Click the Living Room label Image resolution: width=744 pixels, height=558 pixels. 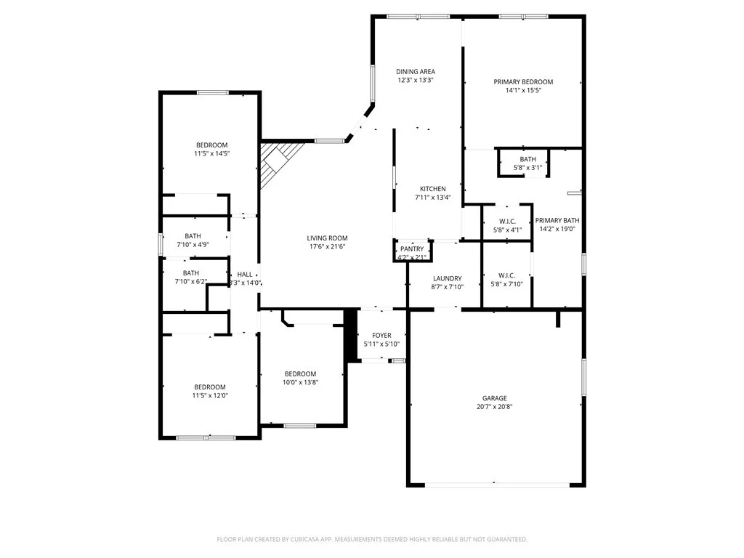(327, 238)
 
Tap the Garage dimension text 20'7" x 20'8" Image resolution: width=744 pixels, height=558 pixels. (494, 407)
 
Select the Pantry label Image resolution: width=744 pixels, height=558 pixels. (412, 249)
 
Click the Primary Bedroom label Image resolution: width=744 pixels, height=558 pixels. (523, 82)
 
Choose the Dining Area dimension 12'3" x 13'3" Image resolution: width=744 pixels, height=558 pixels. (416, 80)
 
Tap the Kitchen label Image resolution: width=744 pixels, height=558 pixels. (433, 189)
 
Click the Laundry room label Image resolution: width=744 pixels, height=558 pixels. (447, 278)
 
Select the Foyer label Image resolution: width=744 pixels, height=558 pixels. (381, 336)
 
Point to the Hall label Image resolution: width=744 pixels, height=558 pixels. (245, 275)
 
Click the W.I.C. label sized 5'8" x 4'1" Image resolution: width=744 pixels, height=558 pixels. (507, 222)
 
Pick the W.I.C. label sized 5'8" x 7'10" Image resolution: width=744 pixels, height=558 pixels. (506, 275)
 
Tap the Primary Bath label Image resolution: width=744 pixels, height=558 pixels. (557, 221)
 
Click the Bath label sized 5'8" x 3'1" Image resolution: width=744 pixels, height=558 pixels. (527, 159)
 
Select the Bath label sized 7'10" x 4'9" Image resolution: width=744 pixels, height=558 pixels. (193, 236)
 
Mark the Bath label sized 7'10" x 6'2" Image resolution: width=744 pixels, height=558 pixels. (191, 273)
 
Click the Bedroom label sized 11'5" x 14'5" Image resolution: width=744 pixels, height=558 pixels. (211, 145)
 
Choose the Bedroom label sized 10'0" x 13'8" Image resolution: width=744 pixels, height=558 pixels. (300, 374)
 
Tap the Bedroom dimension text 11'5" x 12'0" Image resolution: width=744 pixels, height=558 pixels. (210, 395)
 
